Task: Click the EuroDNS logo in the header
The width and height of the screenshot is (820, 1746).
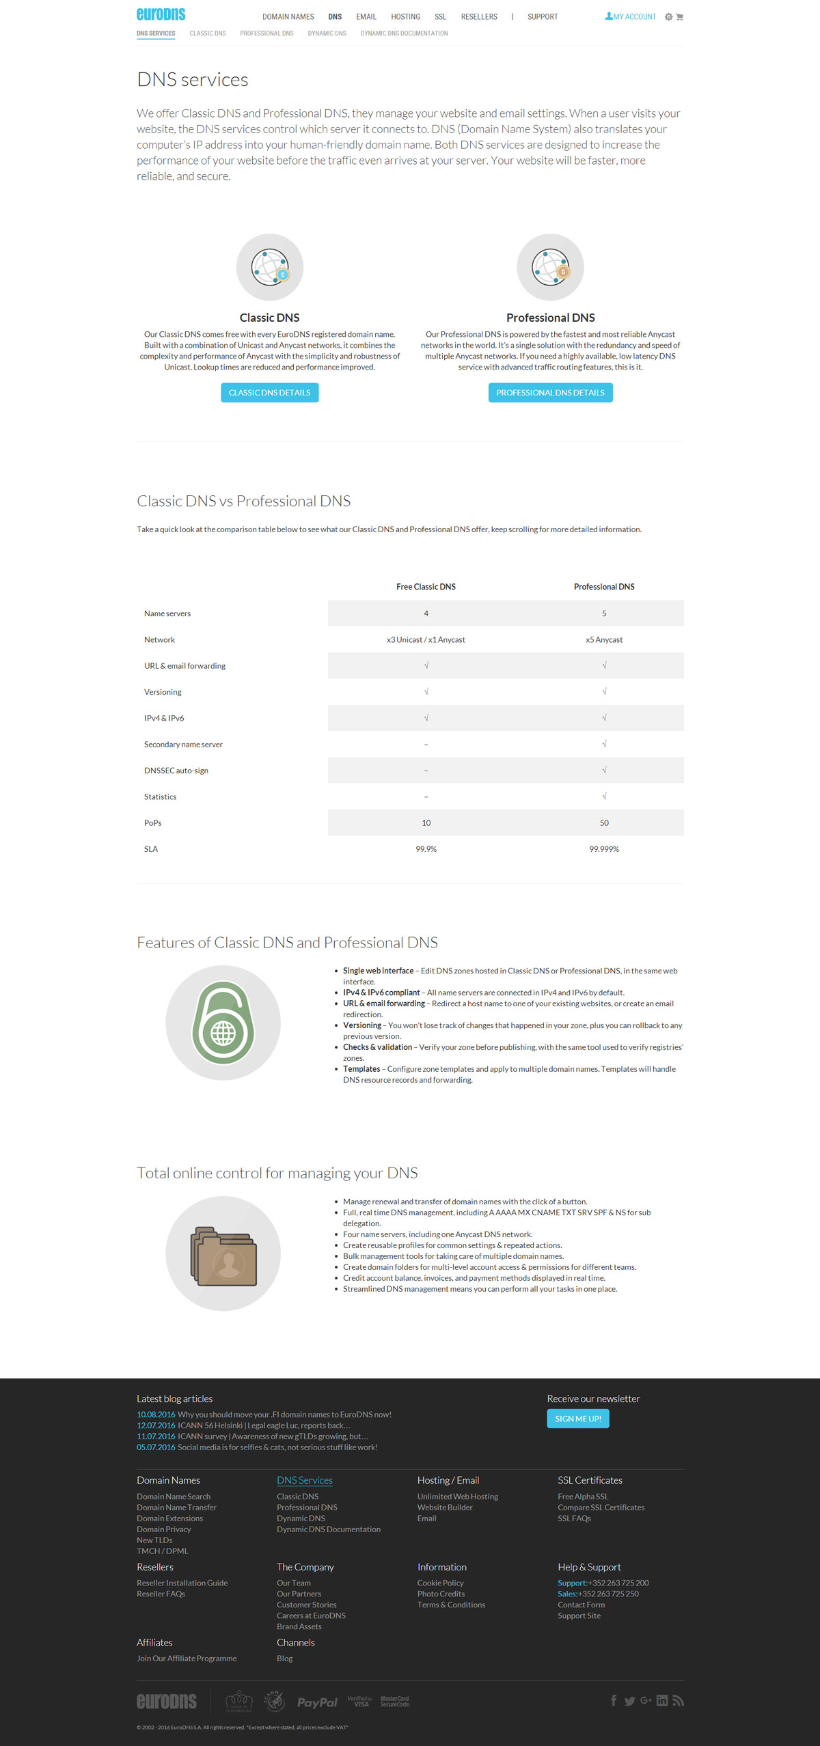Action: coord(161,14)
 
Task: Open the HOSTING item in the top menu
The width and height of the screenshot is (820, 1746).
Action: coord(405,17)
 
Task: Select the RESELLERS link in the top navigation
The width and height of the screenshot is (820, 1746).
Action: coord(479,17)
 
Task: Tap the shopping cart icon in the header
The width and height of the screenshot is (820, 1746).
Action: coord(680,17)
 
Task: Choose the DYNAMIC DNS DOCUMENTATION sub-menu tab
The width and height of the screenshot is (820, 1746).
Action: coord(404,33)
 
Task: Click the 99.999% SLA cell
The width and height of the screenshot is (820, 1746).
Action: coord(604,849)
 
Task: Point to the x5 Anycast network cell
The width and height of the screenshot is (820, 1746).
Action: coord(604,640)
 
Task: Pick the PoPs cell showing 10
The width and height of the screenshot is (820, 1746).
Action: coord(426,823)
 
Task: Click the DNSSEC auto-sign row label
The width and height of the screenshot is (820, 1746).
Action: coord(176,771)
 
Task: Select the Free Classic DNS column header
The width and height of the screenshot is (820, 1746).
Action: coord(426,587)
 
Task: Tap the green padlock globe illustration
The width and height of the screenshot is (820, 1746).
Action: coord(223,1023)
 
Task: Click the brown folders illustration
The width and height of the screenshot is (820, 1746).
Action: coord(223,1253)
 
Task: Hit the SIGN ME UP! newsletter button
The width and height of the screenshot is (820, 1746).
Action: coord(577,1419)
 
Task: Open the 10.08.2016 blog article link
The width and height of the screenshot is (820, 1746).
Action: coord(264,1415)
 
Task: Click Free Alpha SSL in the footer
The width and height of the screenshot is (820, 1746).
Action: coord(582,1497)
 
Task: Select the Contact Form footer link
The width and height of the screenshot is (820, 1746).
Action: coord(581,1605)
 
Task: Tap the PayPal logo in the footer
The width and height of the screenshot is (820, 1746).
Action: coord(317,1702)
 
